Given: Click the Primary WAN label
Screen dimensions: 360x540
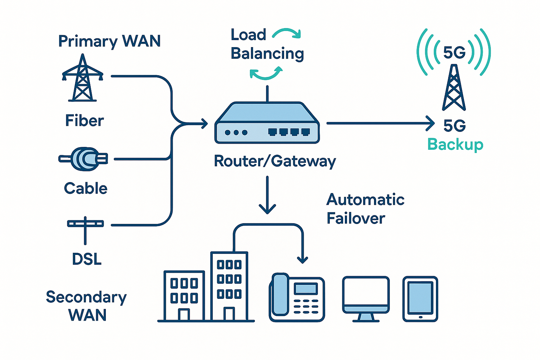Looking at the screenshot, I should point(109,41).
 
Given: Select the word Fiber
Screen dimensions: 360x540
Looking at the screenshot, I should point(84,121).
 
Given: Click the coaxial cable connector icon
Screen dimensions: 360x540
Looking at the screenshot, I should point(84,159).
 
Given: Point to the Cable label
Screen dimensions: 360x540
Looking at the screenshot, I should point(86,188).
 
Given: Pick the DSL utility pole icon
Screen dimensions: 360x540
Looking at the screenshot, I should point(85,229).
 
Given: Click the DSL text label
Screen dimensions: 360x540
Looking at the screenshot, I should point(87,259).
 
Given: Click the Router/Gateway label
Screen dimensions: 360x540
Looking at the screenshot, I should point(275,161).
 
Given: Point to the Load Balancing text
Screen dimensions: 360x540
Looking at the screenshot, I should point(267,44).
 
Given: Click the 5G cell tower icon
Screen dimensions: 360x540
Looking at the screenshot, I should point(454,88).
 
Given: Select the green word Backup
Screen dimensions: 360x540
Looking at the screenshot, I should point(455,144).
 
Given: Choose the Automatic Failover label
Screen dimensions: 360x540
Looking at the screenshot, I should point(365,209).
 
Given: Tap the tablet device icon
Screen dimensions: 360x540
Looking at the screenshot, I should point(420,299).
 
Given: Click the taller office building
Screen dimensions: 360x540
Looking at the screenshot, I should point(229,286).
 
